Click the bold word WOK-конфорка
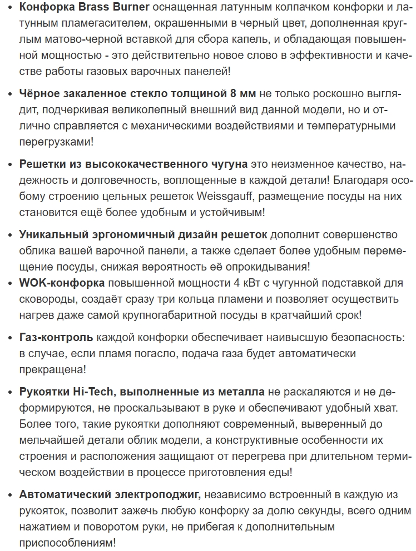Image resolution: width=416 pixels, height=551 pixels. pyautogui.click(x=62, y=283)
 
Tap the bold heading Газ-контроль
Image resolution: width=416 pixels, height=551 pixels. pyautogui.click(x=56, y=337)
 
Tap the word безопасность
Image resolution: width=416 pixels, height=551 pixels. pyautogui.click(x=378, y=337)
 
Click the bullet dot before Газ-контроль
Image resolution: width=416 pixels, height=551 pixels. pyautogui.click(x=11, y=338)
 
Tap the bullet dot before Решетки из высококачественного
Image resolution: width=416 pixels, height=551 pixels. pyautogui.click(x=11, y=164)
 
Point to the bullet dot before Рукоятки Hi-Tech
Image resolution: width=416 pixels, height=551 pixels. pyautogui.click(x=11, y=393)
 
